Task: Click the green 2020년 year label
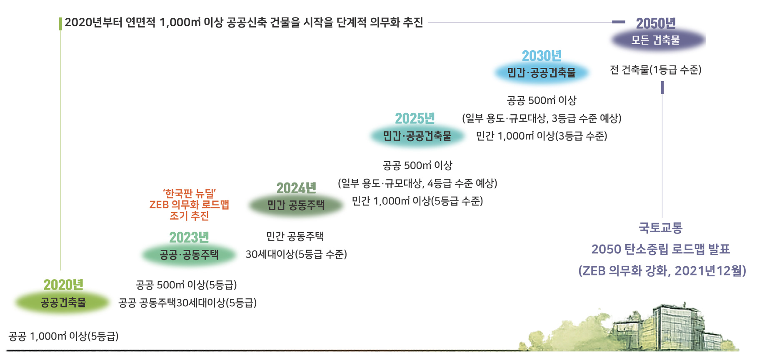tap(63, 285)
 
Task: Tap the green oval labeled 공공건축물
tap(63, 302)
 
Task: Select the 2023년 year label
tap(189, 237)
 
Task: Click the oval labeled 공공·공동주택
tap(189, 255)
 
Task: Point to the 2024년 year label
tap(296, 188)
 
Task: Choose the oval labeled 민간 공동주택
tap(296, 205)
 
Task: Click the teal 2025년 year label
tap(415, 118)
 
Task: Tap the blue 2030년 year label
tap(542, 55)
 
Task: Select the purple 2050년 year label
tap(656, 23)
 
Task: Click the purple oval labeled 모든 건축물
tap(656, 40)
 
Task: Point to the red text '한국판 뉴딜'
tap(189, 193)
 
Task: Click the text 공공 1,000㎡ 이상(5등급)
tap(64, 336)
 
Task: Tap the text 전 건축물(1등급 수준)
tap(656, 70)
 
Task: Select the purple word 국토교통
tap(661, 227)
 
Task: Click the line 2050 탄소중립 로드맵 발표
tap(661, 249)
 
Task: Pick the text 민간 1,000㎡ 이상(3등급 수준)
tap(542, 136)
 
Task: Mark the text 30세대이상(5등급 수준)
tap(296, 254)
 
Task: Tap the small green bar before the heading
tap(61, 23)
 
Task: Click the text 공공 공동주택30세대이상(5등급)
tap(187, 303)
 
